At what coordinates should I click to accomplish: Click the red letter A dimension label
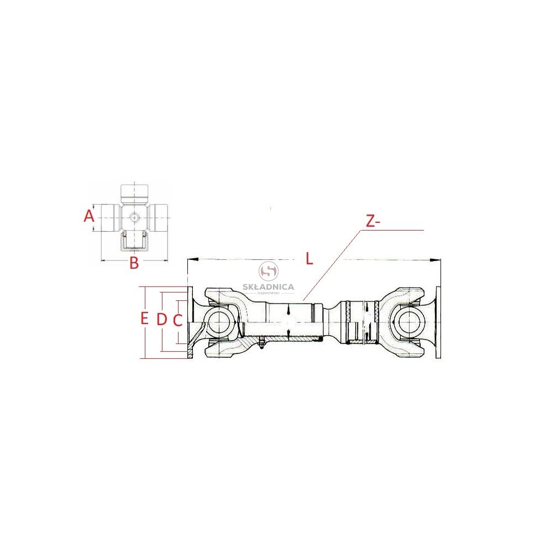[x=89, y=216]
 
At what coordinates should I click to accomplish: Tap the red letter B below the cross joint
[x=134, y=263]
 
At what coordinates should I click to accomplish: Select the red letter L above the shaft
[x=309, y=258]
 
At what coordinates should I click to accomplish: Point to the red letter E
[x=144, y=319]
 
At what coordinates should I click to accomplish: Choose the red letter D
[x=161, y=319]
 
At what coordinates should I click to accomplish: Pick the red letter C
[x=177, y=320]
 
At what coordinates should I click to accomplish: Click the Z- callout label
[x=373, y=222]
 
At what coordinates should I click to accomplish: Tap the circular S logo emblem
[x=269, y=271]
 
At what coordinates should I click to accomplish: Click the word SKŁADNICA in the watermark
[x=268, y=286]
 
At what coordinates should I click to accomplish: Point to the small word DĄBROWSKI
[x=269, y=293]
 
